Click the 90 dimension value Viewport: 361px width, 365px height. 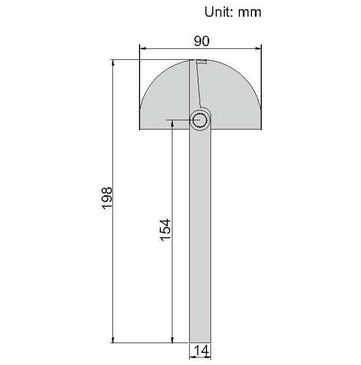202,41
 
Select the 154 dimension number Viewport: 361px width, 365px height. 166,230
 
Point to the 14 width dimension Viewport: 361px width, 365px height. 202,351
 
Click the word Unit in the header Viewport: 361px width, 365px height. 219,12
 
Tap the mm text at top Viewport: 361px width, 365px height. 249,13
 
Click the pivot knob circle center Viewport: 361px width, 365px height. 200,120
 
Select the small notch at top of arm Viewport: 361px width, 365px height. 201,62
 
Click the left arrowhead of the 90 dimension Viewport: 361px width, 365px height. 142,48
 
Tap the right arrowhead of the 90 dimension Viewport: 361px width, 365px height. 258,48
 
